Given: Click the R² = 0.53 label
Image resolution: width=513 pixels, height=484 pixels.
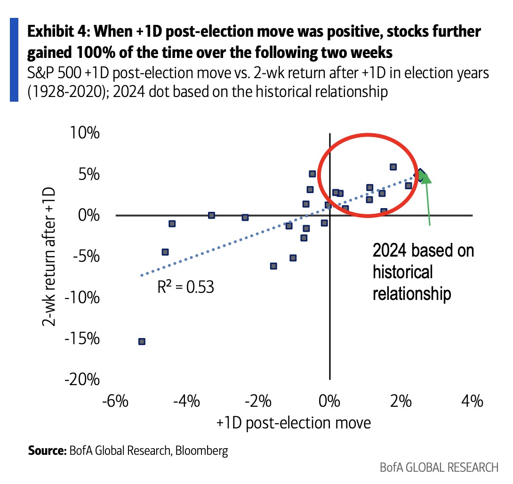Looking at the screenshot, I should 185,286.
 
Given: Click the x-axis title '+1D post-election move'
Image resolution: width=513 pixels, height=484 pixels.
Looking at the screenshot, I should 294,422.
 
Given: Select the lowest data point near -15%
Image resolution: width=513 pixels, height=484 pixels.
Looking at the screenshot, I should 141,341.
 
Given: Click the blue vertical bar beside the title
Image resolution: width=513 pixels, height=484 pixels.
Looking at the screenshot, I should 14,60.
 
